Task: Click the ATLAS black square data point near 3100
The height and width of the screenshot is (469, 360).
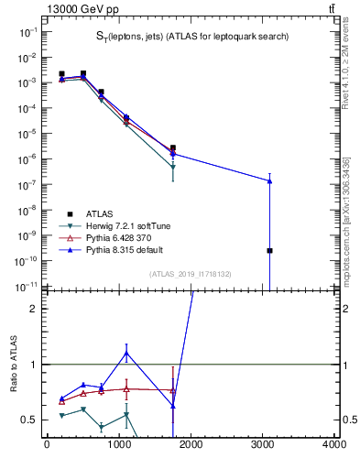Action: tap(269, 250)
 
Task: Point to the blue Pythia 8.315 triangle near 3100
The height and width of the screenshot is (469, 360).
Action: tap(269, 180)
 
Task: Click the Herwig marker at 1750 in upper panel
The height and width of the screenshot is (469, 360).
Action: tap(172, 167)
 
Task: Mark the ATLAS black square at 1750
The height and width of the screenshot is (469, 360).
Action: tap(172, 147)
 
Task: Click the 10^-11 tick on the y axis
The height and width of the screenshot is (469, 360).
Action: tap(28, 286)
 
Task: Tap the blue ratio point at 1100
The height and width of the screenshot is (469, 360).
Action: tap(125, 353)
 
